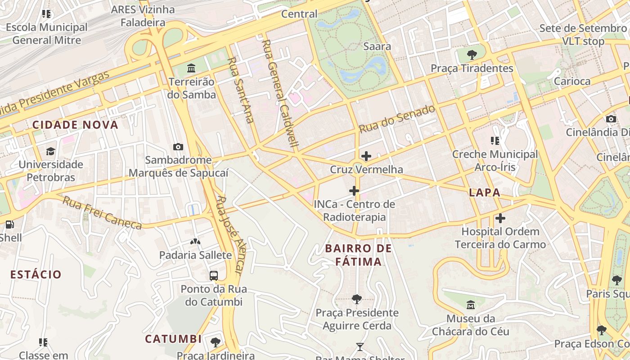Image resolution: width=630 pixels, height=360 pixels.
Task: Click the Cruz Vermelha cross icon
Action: click(x=366, y=157)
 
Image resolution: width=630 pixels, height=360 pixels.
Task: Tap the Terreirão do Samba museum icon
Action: click(x=191, y=68)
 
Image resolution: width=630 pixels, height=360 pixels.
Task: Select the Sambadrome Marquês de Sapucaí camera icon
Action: click(x=178, y=147)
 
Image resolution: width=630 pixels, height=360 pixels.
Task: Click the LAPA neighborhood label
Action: click(x=485, y=193)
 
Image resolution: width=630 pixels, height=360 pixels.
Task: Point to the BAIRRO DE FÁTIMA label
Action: click(x=359, y=255)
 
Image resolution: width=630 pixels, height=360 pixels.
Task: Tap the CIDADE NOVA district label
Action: click(x=75, y=125)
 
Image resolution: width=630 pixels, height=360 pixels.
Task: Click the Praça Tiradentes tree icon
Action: click(x=472, y=55)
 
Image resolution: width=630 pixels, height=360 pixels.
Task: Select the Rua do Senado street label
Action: click(x=397, y=119)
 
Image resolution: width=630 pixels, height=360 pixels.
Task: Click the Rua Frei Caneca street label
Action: click(x=102, y=213)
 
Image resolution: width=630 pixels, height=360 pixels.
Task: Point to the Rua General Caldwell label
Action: click(x=280, y=94)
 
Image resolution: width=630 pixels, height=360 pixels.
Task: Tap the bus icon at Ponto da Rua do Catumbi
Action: click(x=214, y=275)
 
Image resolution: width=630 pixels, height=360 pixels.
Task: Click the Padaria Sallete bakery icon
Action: click(x=195, y=242)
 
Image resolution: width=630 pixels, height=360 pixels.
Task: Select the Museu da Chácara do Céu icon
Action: click(x=471, y=305)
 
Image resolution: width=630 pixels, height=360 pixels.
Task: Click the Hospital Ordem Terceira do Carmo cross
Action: click(x=500, y=219)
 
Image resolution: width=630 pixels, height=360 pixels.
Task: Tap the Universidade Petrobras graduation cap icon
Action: click(x=51, y=151)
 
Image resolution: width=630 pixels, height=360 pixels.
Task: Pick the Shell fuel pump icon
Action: click(x=9, y=224)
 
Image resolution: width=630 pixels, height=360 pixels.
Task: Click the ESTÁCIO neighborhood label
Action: click(x=36, y=274)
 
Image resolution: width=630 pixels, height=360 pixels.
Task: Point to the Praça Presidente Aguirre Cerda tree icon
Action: click(x=357, y=299)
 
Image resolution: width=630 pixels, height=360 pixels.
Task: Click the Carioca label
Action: click(x=572, y=81)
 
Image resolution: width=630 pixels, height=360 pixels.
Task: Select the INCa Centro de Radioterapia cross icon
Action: click(x=354, y=191)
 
